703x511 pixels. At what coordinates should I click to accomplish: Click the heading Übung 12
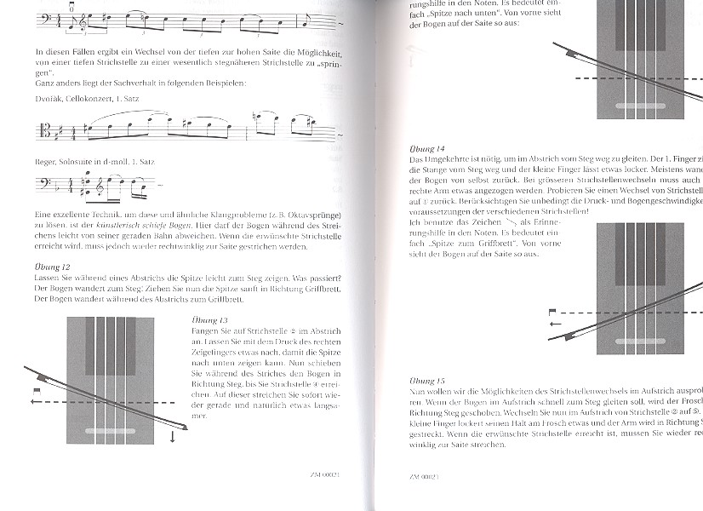point(52,267)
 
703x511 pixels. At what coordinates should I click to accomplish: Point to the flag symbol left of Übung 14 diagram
point(552,313)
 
